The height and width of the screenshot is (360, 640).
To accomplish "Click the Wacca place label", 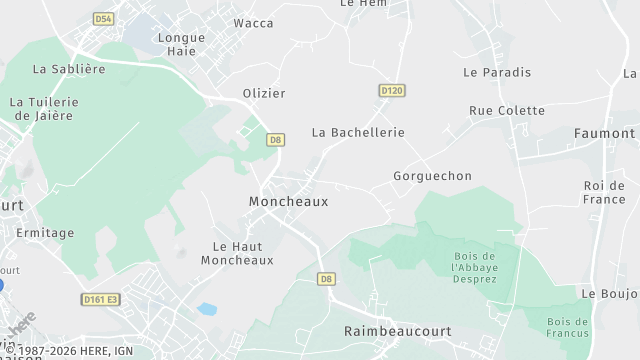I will [x=253, y=23].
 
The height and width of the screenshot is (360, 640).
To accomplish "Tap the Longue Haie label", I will [x=181, y=44].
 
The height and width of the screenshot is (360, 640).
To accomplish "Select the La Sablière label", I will [x=69, y=69].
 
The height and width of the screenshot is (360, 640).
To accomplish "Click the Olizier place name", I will [x=264, y=93].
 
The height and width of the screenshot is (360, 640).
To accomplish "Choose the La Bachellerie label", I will [x=358, y=132].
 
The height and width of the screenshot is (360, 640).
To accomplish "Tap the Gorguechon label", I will [x=432, y=176].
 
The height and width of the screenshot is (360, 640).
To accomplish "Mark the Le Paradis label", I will [x=497, y=72].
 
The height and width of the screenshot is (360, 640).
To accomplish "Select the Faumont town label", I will [x=604, y=133].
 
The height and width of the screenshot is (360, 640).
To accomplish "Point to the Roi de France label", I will [x=604, y=192].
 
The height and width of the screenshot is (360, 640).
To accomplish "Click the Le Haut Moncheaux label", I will [x=237, y=253].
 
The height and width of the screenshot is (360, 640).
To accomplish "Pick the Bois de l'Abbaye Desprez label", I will [x=474, y=267].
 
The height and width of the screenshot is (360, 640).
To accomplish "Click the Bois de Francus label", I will [x=567, y=328].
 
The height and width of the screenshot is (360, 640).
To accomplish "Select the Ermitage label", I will [x=45, y=233].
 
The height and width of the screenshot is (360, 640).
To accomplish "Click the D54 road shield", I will [x=103, y=19].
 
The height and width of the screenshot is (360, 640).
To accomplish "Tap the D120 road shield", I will [x=392, y=91].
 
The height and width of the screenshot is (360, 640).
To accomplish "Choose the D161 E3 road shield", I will [x=100, y=299].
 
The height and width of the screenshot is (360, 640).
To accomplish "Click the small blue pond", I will [x=208, y=309].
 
